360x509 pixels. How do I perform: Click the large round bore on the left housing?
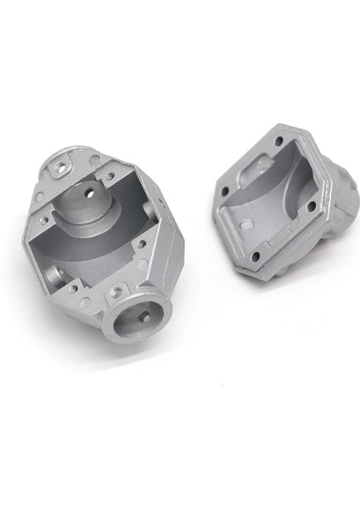(x=136, y=316)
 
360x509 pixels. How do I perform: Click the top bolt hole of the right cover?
(x=278, y=140)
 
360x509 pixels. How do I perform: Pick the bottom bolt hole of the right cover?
(x=255, y=255)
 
